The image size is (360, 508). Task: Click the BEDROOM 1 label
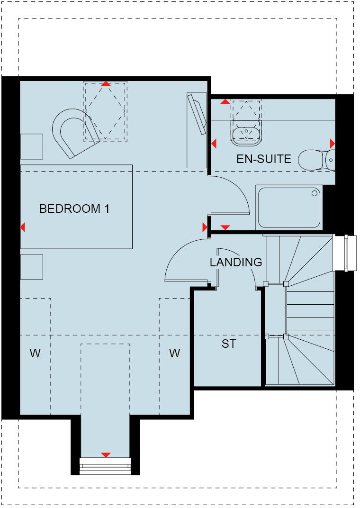point(74,209)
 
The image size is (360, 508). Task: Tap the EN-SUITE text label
point(264,159)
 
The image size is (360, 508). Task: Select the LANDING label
point(236,262)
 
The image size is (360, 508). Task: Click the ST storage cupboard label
point(229,344)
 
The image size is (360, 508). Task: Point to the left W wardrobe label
point(35,353)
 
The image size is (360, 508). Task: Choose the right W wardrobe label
point(175,353)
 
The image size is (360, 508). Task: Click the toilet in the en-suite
point(316,160)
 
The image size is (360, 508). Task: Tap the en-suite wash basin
point(246,132)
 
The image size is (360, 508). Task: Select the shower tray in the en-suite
point(288,208)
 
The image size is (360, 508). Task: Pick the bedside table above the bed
point(32,146)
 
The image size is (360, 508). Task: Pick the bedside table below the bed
point(32,267)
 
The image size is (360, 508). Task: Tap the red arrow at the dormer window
point(106,455)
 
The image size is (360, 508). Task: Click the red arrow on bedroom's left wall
point(23,227)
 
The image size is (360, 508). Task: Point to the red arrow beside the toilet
point(333,143)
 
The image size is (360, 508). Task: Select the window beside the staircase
point(345,253)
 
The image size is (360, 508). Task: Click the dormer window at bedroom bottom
point(105,466)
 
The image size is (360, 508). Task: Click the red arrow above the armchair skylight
point(106,83)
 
